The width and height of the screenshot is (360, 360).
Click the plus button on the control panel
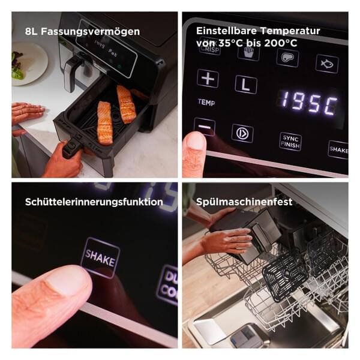208,79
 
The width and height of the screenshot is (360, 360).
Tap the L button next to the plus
245,84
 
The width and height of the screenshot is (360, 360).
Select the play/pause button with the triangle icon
242,133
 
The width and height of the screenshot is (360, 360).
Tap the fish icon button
327,63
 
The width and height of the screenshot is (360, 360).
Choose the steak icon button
288,58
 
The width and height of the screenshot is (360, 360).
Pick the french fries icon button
248,53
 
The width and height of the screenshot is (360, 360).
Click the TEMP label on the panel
206,103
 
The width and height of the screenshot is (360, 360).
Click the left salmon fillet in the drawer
104,122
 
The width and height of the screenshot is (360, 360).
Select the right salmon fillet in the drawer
126,104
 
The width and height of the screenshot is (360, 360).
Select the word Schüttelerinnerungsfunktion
94,202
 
